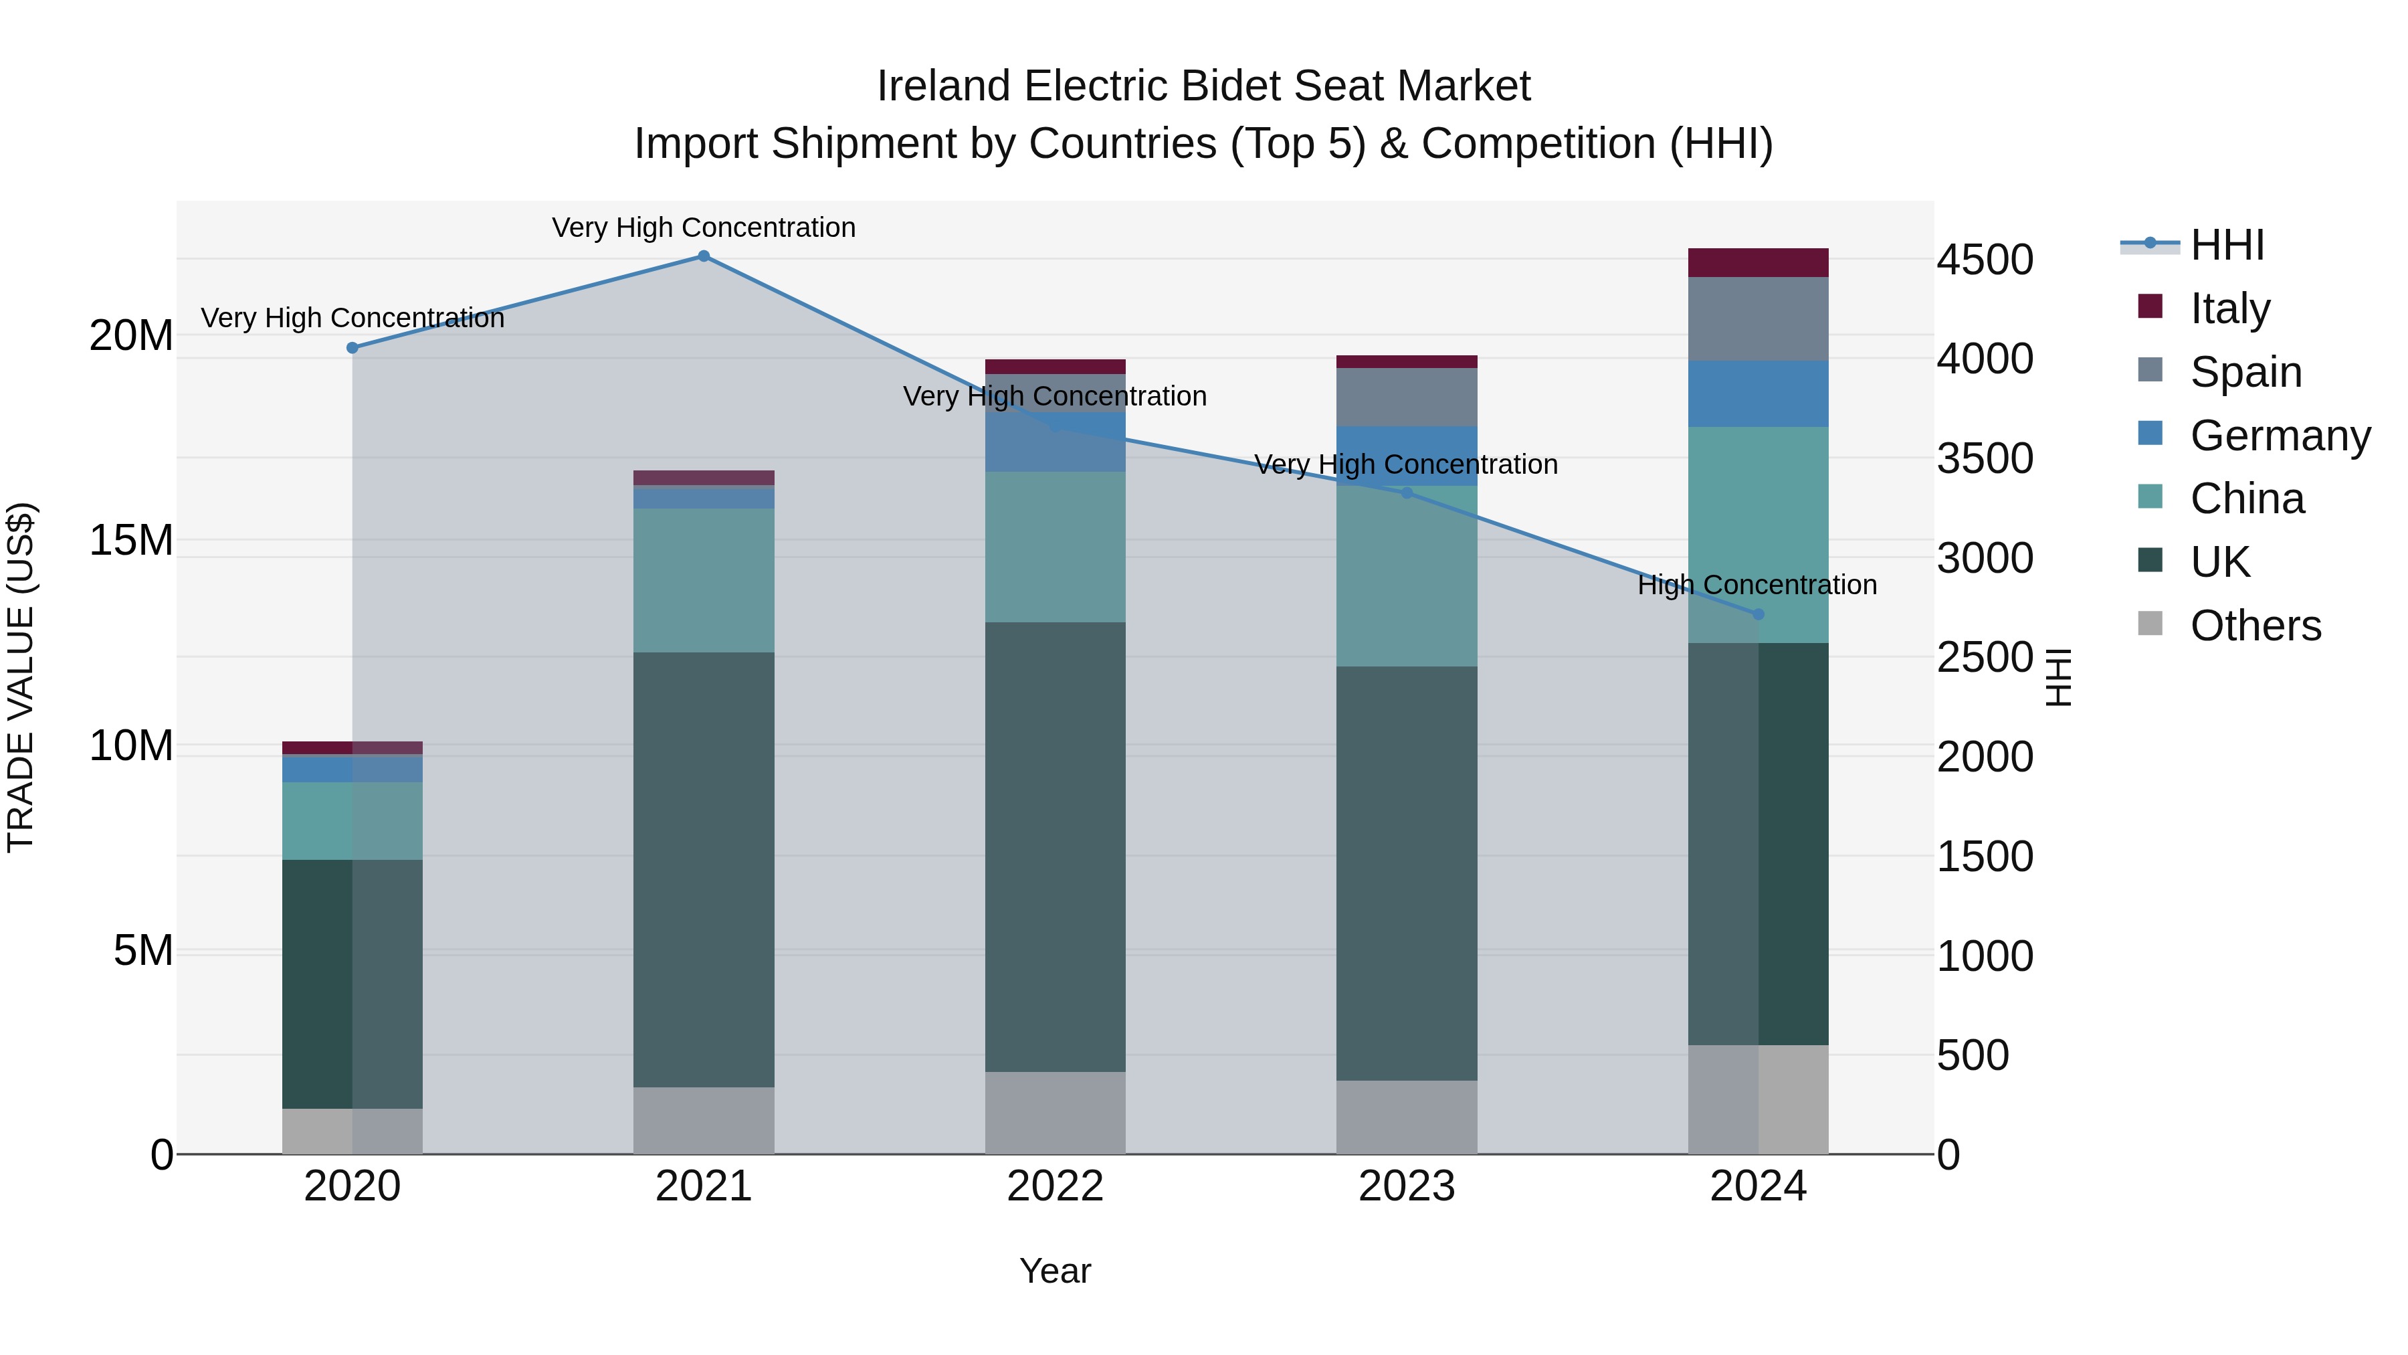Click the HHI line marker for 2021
click(704, 256)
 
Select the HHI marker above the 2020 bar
click(353, 348)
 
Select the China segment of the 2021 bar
click(704, 579)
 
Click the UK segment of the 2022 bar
click(1056, 846)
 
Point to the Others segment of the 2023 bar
click(1406, 1117)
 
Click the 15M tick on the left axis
click(131, 541)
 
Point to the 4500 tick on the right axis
click(1984, 260)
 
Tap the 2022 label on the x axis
click(1056, 1186)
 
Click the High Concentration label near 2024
click(1757, 585)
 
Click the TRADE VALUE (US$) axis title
click(21, 677)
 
